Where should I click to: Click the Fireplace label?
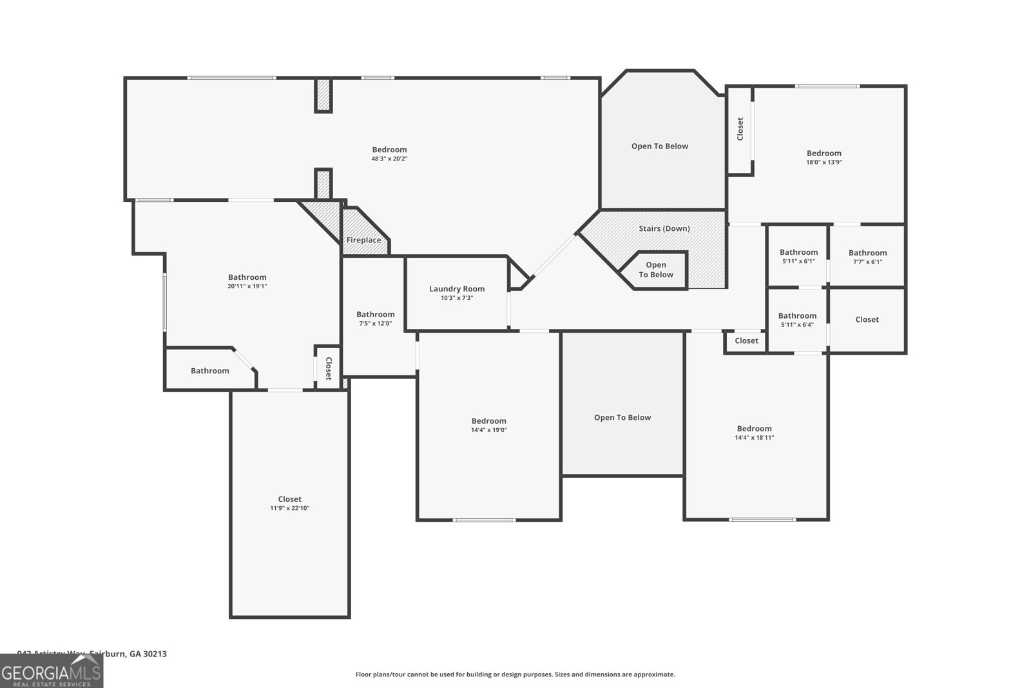363,240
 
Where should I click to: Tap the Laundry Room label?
457,289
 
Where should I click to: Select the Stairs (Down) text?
664,228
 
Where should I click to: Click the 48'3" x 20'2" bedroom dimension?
389,159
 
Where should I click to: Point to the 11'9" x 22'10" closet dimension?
290,508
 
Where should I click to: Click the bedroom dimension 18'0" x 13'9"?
824,162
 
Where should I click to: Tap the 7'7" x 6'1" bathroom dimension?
867,262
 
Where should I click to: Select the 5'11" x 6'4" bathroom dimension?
797,325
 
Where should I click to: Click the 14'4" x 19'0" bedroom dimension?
488,430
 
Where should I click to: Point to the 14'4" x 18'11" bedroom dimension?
754,438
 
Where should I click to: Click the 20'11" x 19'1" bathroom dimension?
247,286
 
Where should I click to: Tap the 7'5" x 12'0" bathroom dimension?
375,324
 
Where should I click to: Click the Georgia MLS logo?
52,671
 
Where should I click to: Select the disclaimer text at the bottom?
515,674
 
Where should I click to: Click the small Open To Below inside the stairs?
656,270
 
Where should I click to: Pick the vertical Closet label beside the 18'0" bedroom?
740,129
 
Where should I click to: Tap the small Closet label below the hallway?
746,340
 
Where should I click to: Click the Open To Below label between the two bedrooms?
622,417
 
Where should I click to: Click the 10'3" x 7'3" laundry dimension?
457,298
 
